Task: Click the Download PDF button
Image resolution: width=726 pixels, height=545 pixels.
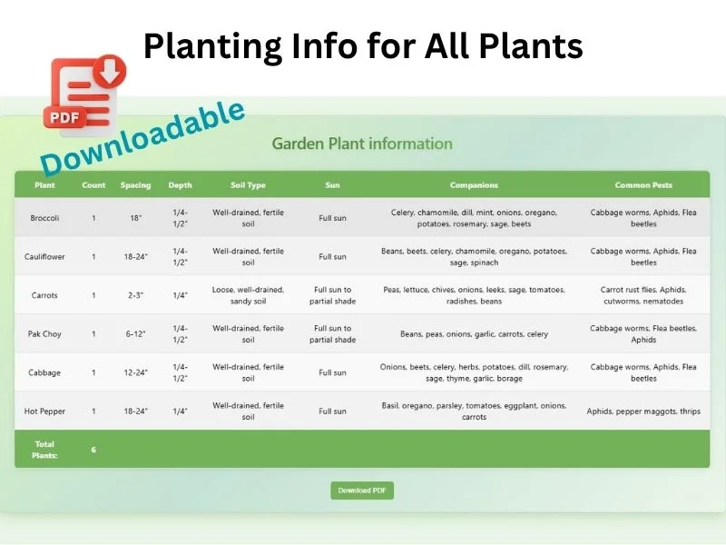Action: (x=361, y=490)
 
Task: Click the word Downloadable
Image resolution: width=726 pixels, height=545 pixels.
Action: (x=143, y=136)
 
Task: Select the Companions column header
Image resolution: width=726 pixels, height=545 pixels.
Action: (x=474, y=185)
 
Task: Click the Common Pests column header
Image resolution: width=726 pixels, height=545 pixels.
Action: (x=643, y=185)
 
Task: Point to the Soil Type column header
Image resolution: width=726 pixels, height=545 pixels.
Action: (x=248, y=185)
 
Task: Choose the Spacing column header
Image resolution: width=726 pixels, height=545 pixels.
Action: (x=136, y=185)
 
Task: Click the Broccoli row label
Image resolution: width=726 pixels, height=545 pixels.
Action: (x=44, y=218)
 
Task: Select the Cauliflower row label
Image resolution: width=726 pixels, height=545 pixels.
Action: (x=44, y=257)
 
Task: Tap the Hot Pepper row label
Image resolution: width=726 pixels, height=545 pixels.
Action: (x=44, y=411)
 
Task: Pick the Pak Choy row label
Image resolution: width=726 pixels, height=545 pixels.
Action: (x=44, y=334)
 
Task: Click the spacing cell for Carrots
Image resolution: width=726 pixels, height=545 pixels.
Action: (x=136, y=295)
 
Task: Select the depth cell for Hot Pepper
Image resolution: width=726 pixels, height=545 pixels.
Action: (x=180, y=411)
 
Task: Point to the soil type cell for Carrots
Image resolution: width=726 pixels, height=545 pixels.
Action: (x=248, y=295)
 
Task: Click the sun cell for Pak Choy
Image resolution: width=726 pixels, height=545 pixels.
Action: (x=332, y=334)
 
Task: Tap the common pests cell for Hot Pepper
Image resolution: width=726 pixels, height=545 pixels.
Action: (x=643, y=411)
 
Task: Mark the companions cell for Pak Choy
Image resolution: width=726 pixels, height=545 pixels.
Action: (x=474, y=334)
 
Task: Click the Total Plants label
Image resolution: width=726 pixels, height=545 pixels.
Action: (x=44, y=450)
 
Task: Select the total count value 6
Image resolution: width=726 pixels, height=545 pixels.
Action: (x=93, y=450)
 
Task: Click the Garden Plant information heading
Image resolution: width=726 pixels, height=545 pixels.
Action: (x=362, y=144)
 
